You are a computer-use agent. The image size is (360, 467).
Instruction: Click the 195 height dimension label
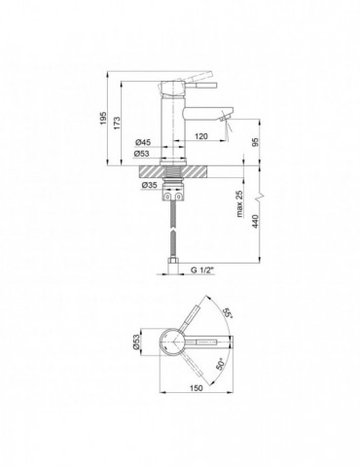point(103,118)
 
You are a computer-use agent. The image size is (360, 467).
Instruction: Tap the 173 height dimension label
point(117,123)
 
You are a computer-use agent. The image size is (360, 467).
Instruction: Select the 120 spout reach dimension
point(201,136)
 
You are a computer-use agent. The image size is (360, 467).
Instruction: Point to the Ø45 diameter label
point(143,142)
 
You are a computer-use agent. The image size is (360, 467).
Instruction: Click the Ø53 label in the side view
point(142,154)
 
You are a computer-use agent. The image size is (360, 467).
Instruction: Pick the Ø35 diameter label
point(149,185)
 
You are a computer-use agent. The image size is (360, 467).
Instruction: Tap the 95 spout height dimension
point(255,142)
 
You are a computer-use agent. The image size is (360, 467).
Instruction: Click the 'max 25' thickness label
point(239,203)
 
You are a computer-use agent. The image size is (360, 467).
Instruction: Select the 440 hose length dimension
point(255,221)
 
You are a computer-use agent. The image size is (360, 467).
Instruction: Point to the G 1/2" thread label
point(202,269)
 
